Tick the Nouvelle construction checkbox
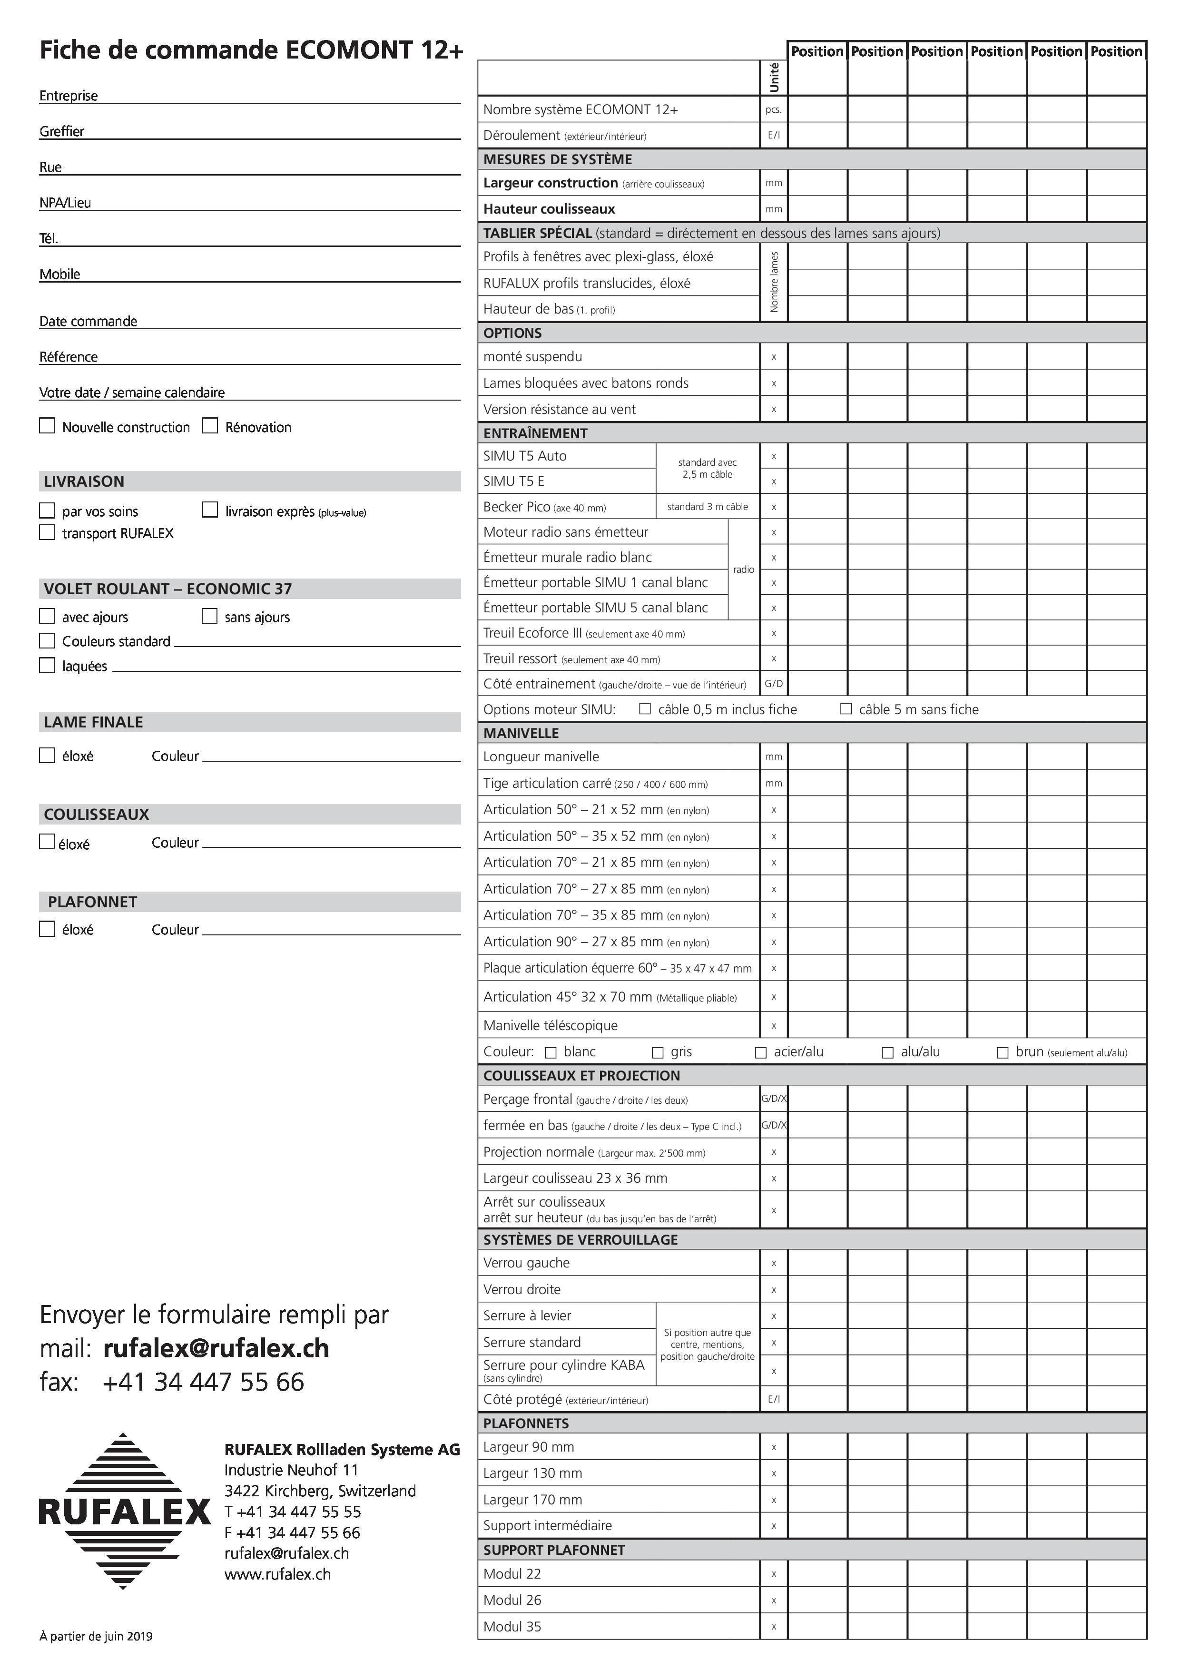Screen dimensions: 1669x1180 coord(47,426)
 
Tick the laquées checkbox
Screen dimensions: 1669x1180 coord(47,665)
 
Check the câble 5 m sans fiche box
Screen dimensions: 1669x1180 coord(846,709)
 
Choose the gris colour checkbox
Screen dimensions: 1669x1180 coord(658,1052)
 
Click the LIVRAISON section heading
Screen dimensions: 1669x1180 coord(84,481)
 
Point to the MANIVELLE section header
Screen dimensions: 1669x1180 coord(521,733)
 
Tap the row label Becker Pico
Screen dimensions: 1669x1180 coord(516,507)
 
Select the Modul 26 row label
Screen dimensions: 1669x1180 coord(512,1600)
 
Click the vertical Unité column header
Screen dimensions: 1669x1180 coord(774,77)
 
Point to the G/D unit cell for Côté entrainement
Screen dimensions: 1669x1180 coord(774,684)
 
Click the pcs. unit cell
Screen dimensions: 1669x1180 coord(774,110)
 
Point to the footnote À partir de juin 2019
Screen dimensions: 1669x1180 coord(96,1636)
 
